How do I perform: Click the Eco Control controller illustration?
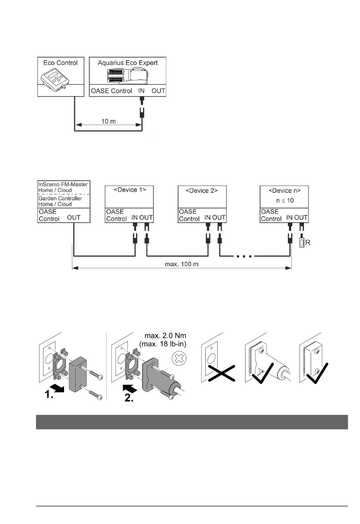coord(55,80)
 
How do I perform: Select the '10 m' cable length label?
coord(108,121)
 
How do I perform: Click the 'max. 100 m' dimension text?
coord(182,264)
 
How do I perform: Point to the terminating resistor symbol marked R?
coord(302,243)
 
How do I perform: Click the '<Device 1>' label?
coord(130,190)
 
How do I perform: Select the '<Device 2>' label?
coord(202,191)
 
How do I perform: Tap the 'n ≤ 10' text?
coord(285,200)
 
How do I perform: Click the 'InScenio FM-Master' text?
coord(63,185)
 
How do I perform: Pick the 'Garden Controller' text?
coord(60,199)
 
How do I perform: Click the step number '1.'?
coord(49,394)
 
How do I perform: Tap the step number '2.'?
coord(129,398)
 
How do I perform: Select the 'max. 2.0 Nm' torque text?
coord(165,336)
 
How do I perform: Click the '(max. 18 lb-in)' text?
coord(163,344)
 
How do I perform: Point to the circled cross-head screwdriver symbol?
coord(179,358)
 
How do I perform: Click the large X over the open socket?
coord(221,373)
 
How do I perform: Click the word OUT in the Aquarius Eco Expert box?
coord(158,91)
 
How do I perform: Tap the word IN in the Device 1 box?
coord(134,217)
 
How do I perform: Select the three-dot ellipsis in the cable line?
coord(244,257)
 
